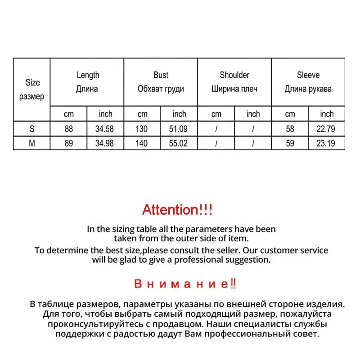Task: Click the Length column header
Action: tap(87, 82)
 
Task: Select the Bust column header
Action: tap(161, 82)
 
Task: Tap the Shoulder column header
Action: tap(234, 82)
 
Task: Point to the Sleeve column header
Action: tap(308, 82)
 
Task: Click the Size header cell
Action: tap(32, 89)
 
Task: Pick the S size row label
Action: tap(32, 129)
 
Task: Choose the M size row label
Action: tap(32, 143)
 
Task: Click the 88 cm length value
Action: tap(68, 129)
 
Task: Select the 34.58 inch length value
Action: tap(105, 129)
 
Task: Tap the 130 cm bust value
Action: tap(142, 129)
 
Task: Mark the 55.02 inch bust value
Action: tap(179, 143)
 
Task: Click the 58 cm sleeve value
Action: tap(290, 129)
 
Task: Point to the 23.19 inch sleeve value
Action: tap(327, 143)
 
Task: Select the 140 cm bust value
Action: tap(142, 143)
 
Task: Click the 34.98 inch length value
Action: tap(105, 143)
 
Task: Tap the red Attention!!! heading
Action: tap(177, 209)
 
